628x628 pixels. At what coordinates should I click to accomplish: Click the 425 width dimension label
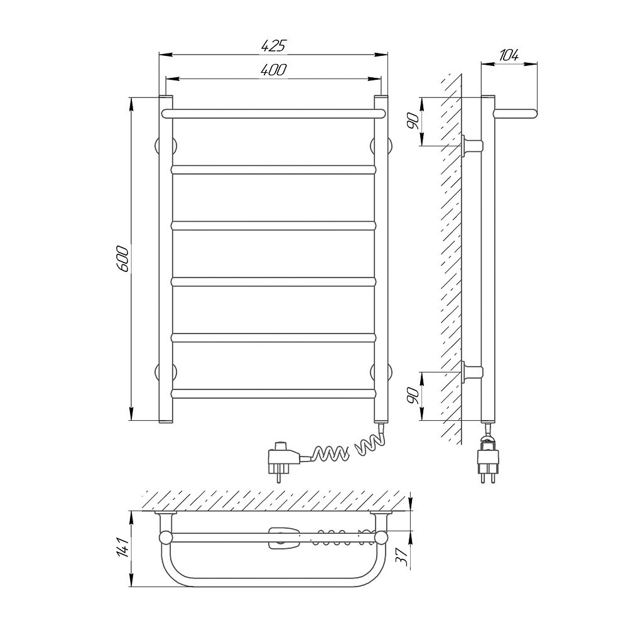pyautogui.click(x=274, y=46)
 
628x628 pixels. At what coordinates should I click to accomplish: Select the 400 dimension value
pyautogui.click(x=274, y=70)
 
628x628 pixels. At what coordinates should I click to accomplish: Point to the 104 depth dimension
pyautogui.click(x=509, y=55)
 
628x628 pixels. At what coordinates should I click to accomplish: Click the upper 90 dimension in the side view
pyautogui.click(x=414, y=121)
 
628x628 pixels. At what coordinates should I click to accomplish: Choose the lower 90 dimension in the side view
pyautogui.click(x=414, y=396)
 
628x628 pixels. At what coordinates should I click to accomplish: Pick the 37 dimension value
pyautogui.click(x=403, y=556)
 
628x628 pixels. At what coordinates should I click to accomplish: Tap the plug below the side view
pyautogui.click(x=488, y=460)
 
